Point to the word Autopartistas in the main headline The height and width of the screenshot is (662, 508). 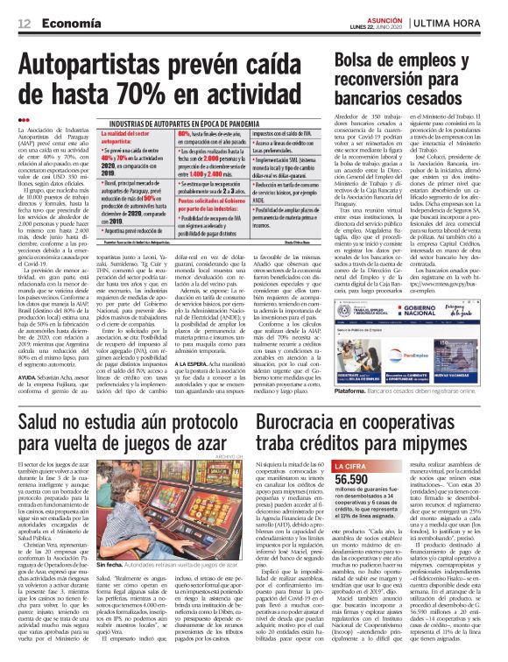pos(100,63)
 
